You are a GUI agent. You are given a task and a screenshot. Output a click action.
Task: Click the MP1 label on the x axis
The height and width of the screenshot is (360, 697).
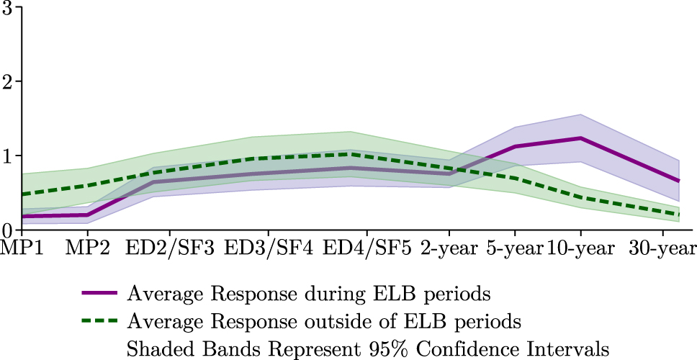pos(22,249)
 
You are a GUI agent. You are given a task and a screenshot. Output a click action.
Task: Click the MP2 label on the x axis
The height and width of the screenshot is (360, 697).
pos(88,249)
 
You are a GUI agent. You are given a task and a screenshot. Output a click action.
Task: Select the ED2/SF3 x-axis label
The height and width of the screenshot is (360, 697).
pos(169,249)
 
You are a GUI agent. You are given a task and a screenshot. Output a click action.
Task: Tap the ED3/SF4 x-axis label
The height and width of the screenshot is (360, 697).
pos(269,249)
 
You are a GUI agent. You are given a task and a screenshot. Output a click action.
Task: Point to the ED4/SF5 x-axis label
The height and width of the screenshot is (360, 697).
pos(368,249)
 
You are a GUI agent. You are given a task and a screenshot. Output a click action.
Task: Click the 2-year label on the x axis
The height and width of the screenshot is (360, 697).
pos(449,249)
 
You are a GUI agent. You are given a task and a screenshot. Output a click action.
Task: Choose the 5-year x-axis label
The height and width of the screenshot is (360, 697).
pos(515,249)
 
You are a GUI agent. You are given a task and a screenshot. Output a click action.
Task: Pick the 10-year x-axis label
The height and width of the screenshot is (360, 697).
pos(581,249)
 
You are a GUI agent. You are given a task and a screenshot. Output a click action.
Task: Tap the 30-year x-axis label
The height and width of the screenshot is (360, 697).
pos(662,249)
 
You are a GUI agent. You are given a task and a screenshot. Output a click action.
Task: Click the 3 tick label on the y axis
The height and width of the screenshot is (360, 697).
pos(7,9)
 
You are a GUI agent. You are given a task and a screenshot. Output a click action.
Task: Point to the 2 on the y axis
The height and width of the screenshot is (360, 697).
pos(7,81)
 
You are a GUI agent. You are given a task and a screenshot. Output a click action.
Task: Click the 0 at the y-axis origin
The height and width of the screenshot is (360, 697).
pos(7,229)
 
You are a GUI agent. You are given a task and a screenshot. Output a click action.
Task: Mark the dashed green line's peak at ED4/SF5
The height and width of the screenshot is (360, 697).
pos(368,153)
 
